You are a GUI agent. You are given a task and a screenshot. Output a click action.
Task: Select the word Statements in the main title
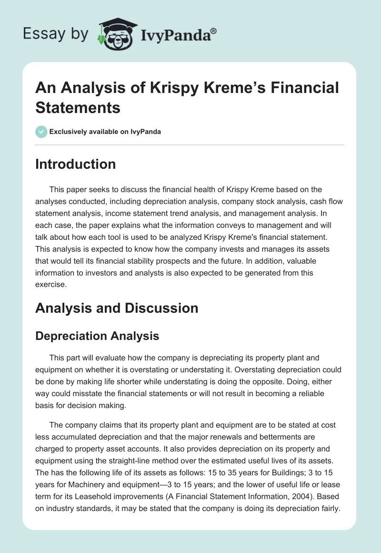(78, 107)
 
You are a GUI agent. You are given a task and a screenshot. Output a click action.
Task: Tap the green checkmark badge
(41, 132)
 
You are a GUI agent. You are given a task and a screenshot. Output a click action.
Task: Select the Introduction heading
(75, 164)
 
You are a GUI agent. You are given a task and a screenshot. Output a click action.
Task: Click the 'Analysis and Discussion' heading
(117, 308)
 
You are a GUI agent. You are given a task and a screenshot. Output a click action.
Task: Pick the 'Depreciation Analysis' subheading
(97, 336)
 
